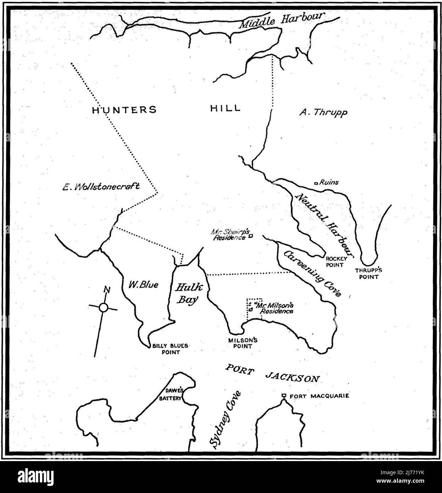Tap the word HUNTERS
coord(124,110)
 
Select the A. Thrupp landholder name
coord(323,112)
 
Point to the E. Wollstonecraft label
coord(101,187)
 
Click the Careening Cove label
coord(313,273)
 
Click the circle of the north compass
coord(103,308)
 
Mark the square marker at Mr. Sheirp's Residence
coord(251,236)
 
